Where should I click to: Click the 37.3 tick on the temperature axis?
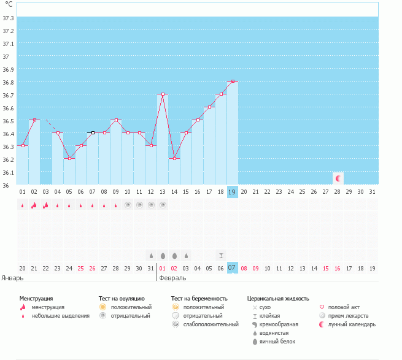[8, 18]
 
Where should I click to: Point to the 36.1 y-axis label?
[8, 172]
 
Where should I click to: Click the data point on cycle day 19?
[232, 81]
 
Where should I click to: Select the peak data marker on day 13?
[162, 94]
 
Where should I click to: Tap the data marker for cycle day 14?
[174, 158]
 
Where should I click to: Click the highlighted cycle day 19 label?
[232, 191]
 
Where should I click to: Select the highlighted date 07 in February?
[232, 267]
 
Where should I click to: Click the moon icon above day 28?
[338, 178]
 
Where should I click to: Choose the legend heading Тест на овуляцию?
[122, 298]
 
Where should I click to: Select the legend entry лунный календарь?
[352, 324]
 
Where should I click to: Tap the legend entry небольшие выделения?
[60, 316]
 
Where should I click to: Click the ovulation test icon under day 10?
[128, 205]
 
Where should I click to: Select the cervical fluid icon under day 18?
[221, 255]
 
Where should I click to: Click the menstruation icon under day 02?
[34, 205]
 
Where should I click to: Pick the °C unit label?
[9, 5]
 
